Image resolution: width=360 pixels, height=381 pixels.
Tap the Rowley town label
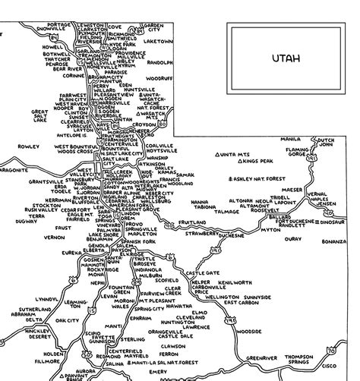(x=28, y=145)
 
